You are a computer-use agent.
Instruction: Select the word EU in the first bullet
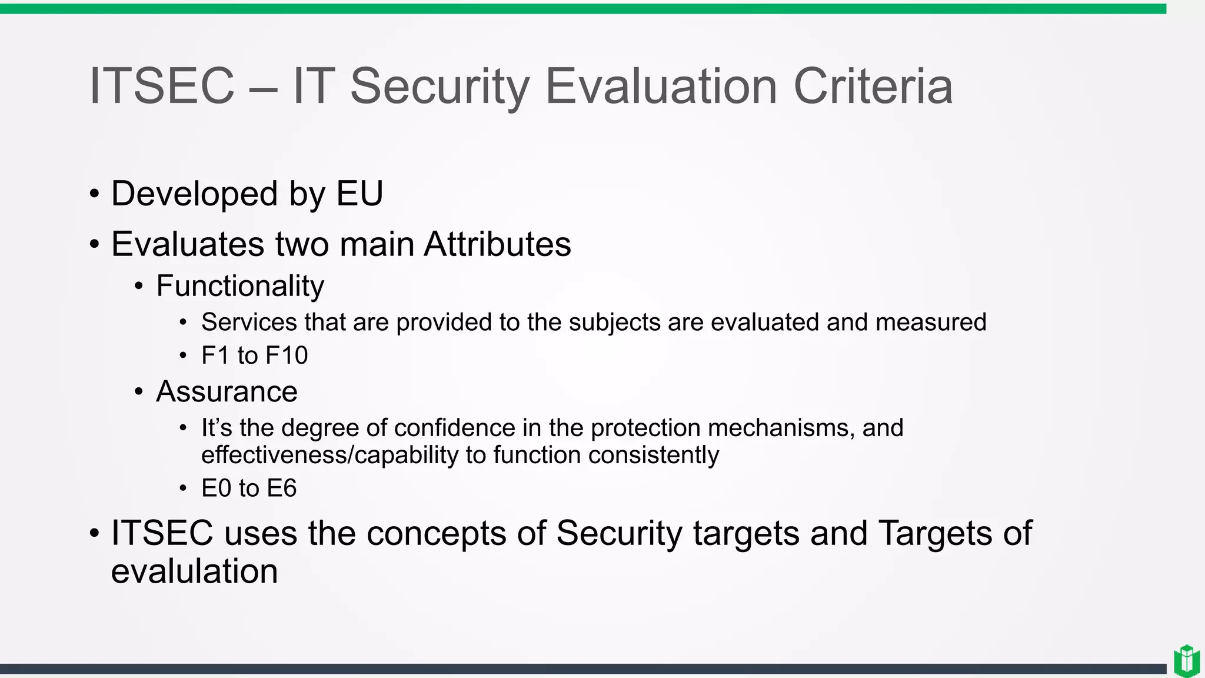pos(359,194)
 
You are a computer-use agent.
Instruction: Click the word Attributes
pos(497,244)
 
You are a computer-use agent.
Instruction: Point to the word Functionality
pos(240,286)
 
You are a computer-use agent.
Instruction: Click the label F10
pos(287,355)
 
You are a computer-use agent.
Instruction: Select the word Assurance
pos(227,392)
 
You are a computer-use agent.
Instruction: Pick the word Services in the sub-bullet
pos(249,323)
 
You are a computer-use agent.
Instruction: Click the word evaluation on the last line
pos(194,571)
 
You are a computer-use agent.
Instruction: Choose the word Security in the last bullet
pos(619,533)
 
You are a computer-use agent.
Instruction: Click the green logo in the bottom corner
pos(1187,661)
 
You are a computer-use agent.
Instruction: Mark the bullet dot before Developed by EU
pos(94,194)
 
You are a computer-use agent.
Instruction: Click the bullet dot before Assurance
pos(139,392)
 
